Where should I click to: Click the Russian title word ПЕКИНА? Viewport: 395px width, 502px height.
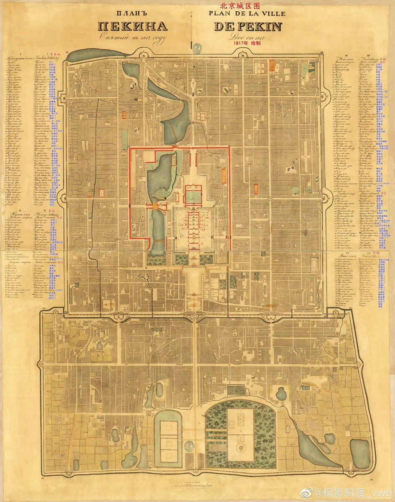point(133,26)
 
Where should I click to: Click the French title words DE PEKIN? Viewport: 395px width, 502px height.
point(248,26)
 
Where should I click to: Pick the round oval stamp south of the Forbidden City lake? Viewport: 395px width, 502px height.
point(191,447)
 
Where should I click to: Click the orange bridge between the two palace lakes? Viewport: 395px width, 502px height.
point(156,205)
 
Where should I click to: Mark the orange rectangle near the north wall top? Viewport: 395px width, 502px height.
point(272,65)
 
